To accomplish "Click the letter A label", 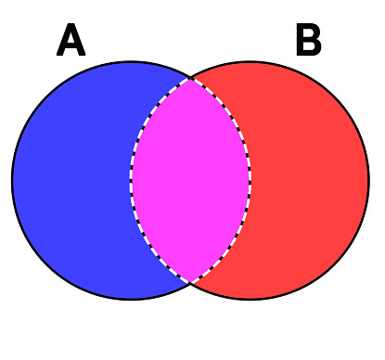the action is click(x=71, y=42).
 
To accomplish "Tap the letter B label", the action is click(x=308, y=42).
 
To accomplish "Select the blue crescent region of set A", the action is click(x=70, y=181).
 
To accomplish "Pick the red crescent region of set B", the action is click(x=311, y=181).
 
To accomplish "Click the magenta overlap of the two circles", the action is click(x=190, y=181).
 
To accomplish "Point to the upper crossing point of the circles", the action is click(x=191, y=78).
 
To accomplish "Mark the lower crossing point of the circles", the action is click(x=191, y=283).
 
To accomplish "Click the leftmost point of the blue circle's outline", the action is click(x=12, y=181).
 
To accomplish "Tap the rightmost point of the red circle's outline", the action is click(x=369, y=181).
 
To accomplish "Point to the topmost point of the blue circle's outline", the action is click(x=131, y=62).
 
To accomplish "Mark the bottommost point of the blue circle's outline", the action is click(x=131, y=300).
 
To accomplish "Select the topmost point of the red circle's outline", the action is click(x=250, y=62).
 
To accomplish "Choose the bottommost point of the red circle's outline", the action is click(x=250, y=300).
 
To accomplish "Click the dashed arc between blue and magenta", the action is click(x=131, y=181).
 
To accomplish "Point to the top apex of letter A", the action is click(x=71, y=27).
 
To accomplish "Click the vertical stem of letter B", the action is click(x=300, y=42).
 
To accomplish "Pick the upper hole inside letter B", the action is click(x=310, y=34).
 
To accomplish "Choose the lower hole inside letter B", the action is click(x=311, y=49).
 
